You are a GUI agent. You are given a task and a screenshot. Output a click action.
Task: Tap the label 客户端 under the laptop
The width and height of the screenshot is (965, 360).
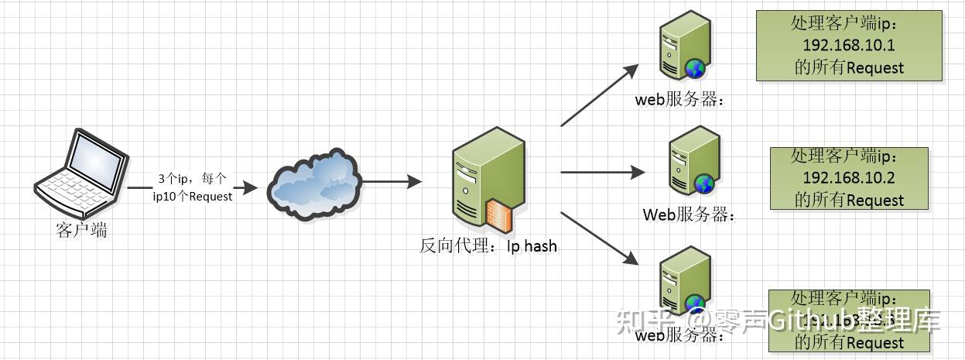[x=82, y=230]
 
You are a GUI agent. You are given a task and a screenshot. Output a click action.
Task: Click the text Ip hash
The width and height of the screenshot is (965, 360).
[x=532, y=246]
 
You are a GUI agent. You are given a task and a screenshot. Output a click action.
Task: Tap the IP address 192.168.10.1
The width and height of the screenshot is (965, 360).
[x=848, y=46]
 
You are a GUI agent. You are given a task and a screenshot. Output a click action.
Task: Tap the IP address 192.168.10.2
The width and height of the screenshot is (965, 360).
[x=848, y=178]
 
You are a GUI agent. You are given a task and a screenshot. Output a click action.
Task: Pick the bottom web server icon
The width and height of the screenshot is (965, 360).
[x=684, y=283]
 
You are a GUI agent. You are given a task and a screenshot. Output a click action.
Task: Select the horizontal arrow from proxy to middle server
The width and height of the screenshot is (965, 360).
[x=602, y=172]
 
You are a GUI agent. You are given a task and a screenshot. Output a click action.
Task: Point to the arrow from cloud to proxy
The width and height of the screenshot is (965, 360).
[x=392, y=182]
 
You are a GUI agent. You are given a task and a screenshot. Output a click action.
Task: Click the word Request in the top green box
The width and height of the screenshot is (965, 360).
[x=874, y=68]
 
